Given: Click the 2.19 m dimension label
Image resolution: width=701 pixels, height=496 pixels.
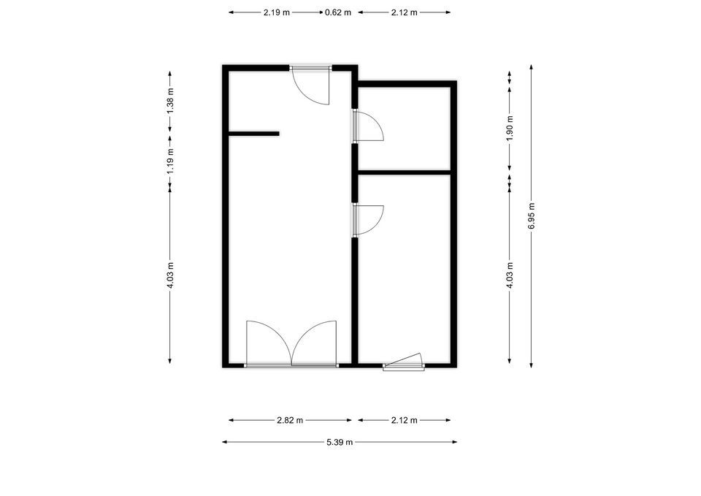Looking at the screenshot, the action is coord(276,12).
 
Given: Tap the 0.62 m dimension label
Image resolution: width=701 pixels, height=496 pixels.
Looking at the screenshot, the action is coord(338,12).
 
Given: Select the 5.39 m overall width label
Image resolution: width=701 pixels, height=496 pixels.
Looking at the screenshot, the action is coord(340,443).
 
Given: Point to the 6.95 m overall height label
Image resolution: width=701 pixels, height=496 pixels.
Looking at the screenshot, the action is coord(532,216).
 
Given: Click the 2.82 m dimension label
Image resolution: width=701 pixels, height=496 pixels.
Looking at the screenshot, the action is coord(290,421).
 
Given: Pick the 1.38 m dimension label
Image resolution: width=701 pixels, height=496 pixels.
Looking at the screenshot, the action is coord(170,101).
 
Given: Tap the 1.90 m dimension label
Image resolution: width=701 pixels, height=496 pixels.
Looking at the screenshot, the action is coord(510,129).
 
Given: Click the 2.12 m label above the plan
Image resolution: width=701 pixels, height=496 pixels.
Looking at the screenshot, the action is coord(404,12).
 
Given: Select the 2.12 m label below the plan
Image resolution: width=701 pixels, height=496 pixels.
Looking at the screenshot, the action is coord(404,421).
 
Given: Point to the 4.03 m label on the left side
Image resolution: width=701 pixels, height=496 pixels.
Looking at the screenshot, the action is coord(170,275).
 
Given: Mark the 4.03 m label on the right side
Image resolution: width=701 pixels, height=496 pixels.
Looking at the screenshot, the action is coord(510,275).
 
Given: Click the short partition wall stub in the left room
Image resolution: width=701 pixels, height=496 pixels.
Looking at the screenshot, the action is coord(254,133).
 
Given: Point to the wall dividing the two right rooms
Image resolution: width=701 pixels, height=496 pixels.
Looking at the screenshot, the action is coord(404,172).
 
